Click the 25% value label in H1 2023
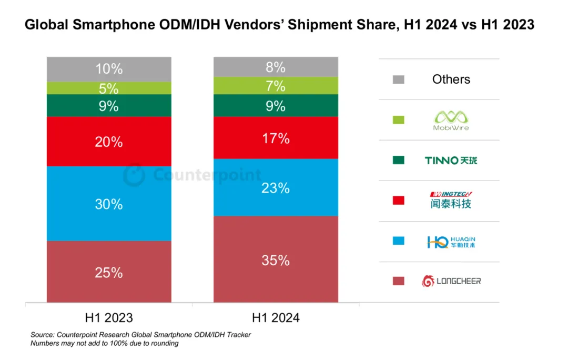pos(109,273)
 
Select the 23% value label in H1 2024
pos(276,188)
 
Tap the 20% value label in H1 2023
pos(109,142)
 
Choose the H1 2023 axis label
pos(109,318)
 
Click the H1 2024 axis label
pos(276,318)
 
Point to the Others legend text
pos(451,79)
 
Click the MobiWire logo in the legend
pos(451,120)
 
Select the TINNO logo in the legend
pos(451,160)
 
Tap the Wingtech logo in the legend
pos(451,201)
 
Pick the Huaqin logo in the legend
pos(451,241)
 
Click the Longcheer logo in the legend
pos(451,281)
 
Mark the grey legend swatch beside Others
pos(399,79)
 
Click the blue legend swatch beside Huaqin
pos(399,241)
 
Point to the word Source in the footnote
pos(42,335)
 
